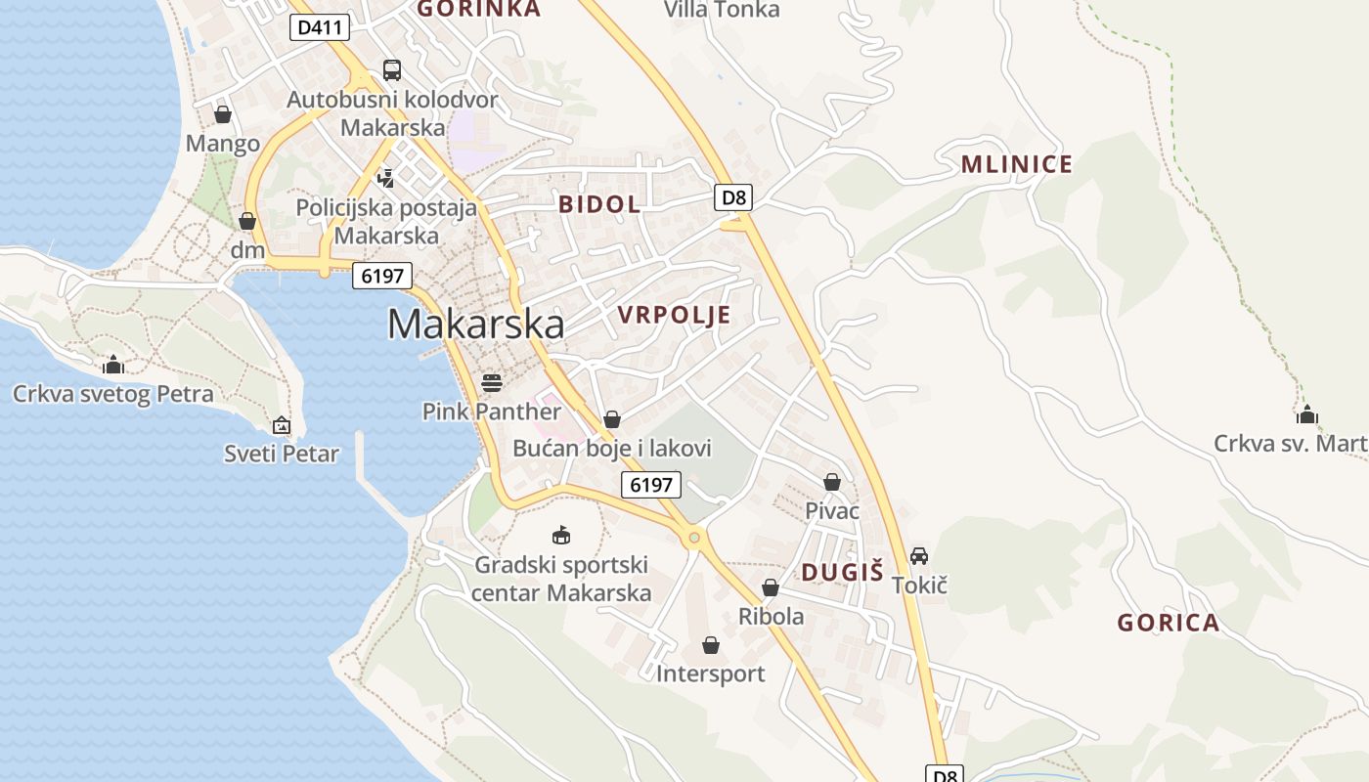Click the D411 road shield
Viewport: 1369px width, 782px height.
point(320,27)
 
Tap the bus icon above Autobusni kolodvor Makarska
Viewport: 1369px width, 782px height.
point(391,69)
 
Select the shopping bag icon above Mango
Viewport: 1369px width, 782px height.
point(223,114)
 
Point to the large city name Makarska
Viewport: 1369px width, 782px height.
point(476,324)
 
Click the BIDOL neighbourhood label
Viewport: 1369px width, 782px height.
point(599,204)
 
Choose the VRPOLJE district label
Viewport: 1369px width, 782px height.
point(675,314)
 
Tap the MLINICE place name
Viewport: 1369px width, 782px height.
point(1017,163)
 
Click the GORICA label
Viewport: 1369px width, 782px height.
point(1169,623)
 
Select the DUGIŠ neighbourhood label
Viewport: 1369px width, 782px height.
point(842,573)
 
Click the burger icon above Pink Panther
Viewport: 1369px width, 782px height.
point(492,382)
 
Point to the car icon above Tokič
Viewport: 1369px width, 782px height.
point(919,556)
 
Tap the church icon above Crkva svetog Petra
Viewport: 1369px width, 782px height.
point(113,365)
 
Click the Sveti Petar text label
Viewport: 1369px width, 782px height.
point(282,454)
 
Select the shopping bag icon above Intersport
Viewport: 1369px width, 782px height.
point(711,645)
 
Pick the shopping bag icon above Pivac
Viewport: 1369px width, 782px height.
point(832,482)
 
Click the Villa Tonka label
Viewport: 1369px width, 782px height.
point(722,10)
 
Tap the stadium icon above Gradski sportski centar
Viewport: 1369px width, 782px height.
point(561,535)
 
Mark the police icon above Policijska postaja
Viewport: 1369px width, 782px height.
point(387,178)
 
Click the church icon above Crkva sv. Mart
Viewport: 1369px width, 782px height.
point(1307,414)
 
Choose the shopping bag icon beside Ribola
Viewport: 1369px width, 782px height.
point(771,587)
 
